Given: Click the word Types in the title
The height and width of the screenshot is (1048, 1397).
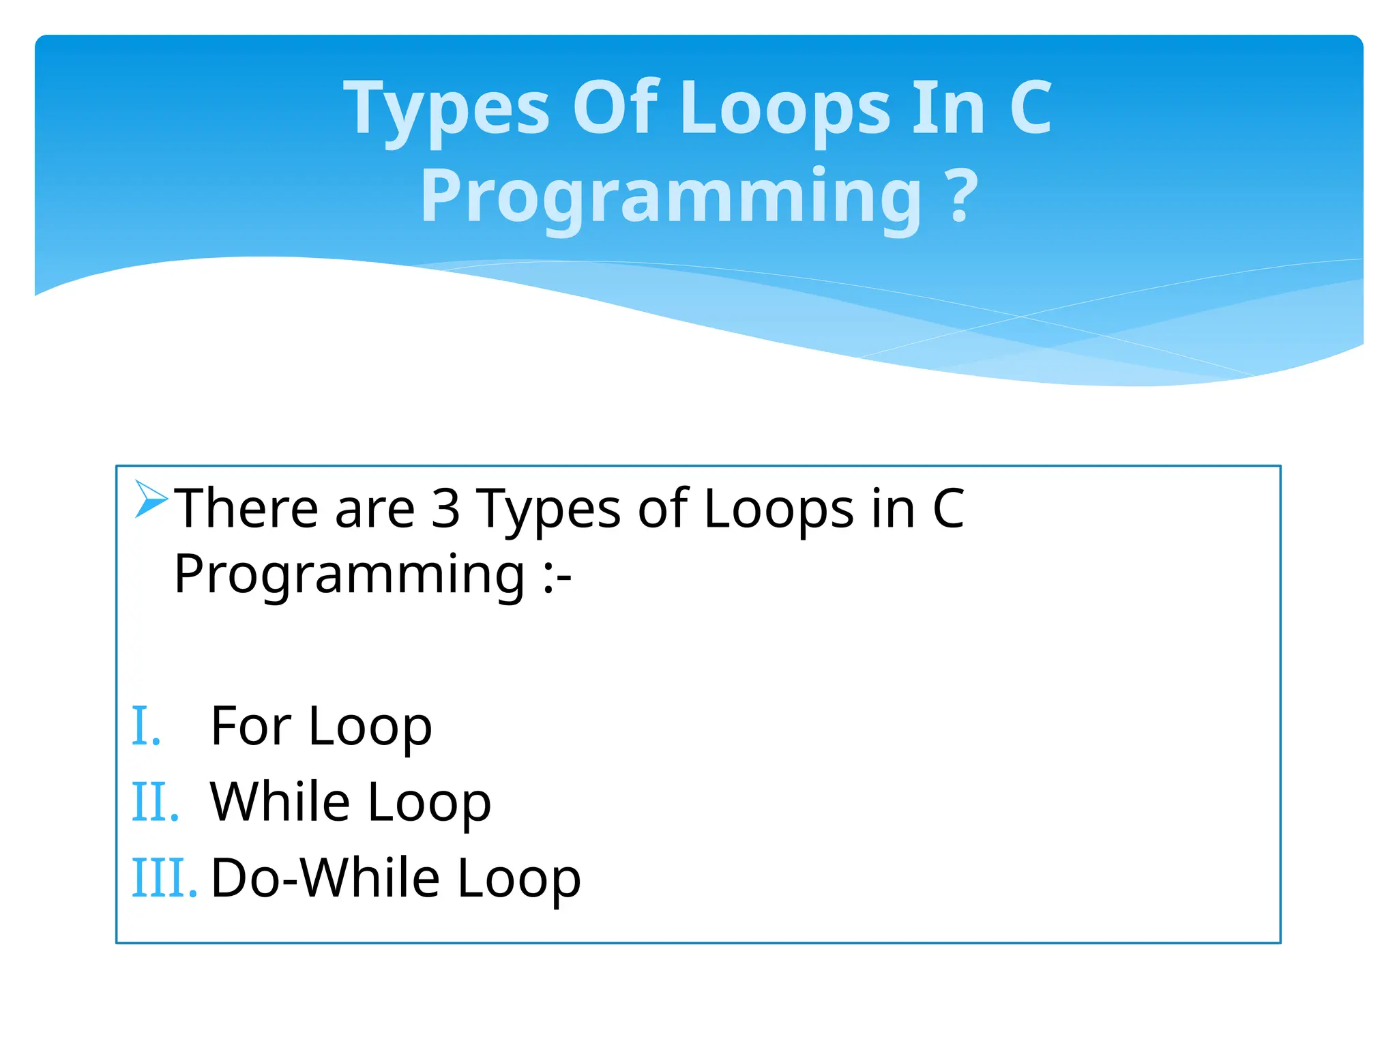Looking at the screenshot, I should coord(447,109).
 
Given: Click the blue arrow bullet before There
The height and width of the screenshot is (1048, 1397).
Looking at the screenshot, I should coord(151,499).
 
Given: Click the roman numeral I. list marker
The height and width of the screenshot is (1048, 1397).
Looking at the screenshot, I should coord(146,727).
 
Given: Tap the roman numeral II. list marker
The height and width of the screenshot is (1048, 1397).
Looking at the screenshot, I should coord(155,803).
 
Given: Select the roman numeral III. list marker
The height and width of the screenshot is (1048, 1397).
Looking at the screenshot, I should coord(164,879).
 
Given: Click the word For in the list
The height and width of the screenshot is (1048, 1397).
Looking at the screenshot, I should coord(251,726).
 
